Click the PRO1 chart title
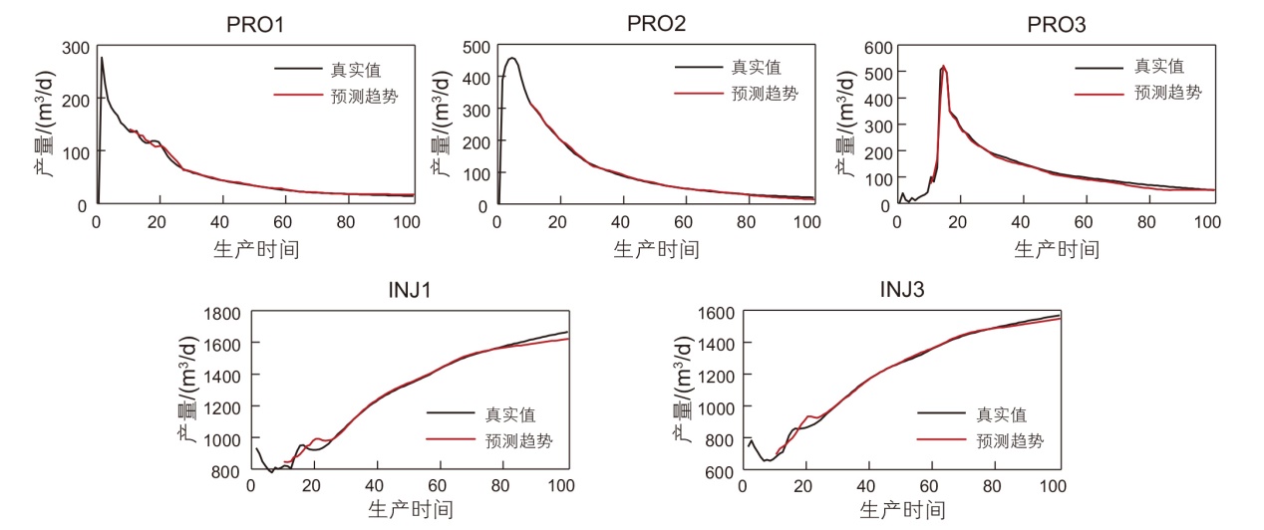point(255,23)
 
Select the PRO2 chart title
point(656,23)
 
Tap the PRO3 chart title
point(1057,23)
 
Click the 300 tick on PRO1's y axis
point(74,47)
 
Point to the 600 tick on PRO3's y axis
point(875,47)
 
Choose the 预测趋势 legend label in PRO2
point(765,93)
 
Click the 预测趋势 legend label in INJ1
point(518,440)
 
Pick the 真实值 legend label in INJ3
point(1002,414)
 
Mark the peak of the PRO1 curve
point(102,58)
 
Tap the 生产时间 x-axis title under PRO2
point(656,248)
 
